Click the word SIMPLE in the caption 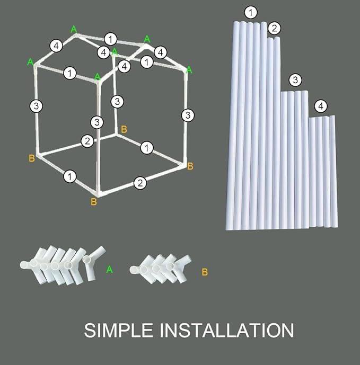pyautogui.click(x=118, y=330)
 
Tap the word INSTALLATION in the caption pyautogui.click(x=227, y=330)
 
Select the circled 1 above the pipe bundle pyautogui.click(x=251, y=13)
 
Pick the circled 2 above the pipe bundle pyautogui.click(x=274, y=28)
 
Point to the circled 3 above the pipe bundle pyautogui.click(x=295, y=80)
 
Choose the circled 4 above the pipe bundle pyautogui.click(x=321, y=106)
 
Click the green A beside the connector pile pyautogui.click(x=109, y=270)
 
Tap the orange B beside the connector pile pyautogui.click(x=205, y=272)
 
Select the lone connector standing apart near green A pyautogui.click(x=93, y=263)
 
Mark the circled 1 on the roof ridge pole pyautogui.click(x=110, y=39)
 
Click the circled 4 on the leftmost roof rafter pyautogui.click(x=56, y=46)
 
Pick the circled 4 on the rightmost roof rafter pyautogui.click(x=161, y=52)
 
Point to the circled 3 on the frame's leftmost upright pyautogui.click(x=36, y=106)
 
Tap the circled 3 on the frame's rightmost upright pyautogui.click(x=188, y=115)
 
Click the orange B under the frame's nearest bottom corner pyautogui.click(x=94, y=202)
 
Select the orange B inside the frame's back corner pyautogui.click(x=124, y=129)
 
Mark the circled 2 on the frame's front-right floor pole pyautogui.click(x=140, y=183)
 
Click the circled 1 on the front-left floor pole pyautogui.click(x=69, y=177)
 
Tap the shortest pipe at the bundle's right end pyautogui.click(x=333, y=171)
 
